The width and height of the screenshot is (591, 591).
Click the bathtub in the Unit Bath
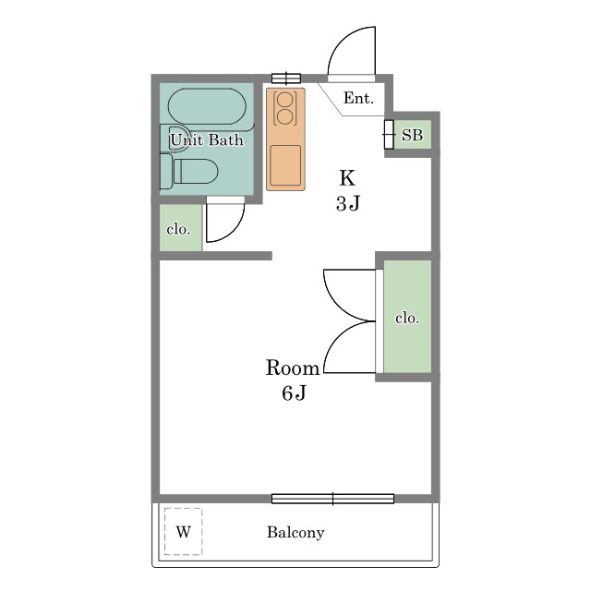(x=207, y=106)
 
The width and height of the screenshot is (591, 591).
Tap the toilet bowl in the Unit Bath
(x=195, y=171)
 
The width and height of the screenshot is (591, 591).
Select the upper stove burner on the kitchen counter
(x=285, y=100)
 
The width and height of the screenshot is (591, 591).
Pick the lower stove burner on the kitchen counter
(x=285, y=116)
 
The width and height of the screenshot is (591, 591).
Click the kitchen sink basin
(x=285, y=165)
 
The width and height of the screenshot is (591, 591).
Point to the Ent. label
(x=358, y=99)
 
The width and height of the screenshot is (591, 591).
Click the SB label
(x=412, y=135)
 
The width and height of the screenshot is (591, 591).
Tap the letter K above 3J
(x=347, y=178)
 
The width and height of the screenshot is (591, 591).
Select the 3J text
(x=348, y=203)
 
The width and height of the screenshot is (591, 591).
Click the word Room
(x=293, y=368)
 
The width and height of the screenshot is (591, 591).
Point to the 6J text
(x=294, y=393)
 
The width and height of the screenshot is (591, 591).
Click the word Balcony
(x=295, y=533)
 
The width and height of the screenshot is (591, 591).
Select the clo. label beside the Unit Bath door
(x=178, y=229)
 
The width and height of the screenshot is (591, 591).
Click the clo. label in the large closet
(x=407, y=318)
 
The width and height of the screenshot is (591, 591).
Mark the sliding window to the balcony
(x=332, y=499)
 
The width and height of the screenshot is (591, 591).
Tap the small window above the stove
(x=286, y=78)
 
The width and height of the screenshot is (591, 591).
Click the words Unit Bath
(x=207, y=140)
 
